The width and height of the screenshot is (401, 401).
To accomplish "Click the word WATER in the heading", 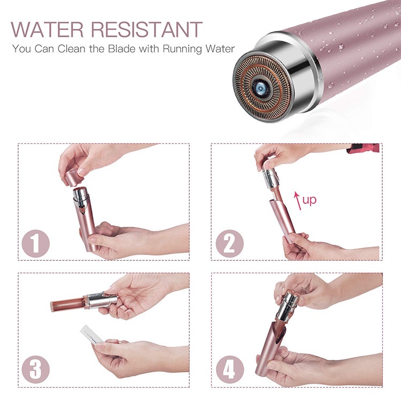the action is point(47,29).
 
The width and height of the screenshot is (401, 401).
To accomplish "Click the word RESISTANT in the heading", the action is point(147,29).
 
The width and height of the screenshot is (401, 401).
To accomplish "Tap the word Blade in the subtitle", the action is point(121,49).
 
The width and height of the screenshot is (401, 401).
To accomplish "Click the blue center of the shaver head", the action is point(260,89).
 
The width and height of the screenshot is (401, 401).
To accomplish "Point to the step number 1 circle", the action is point(35,243).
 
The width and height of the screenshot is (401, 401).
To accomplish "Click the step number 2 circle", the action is point(230,243).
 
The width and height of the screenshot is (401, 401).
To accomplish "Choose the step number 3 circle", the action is point(35,369).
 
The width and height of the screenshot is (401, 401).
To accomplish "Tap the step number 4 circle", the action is point(230,369).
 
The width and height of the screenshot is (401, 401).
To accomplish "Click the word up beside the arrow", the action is point(310,200).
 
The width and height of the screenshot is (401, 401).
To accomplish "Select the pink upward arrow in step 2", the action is point(297,200).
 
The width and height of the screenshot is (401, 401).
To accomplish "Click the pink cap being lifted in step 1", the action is point(72,177).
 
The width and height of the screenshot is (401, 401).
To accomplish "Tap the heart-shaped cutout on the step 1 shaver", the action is point(82,210).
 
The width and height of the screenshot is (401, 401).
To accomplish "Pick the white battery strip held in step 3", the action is point(91,335).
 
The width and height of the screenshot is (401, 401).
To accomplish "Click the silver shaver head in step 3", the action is point(101,300).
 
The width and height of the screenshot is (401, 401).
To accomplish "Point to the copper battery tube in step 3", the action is point(67,304).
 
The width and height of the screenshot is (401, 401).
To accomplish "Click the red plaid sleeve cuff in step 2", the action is point(363,148).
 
